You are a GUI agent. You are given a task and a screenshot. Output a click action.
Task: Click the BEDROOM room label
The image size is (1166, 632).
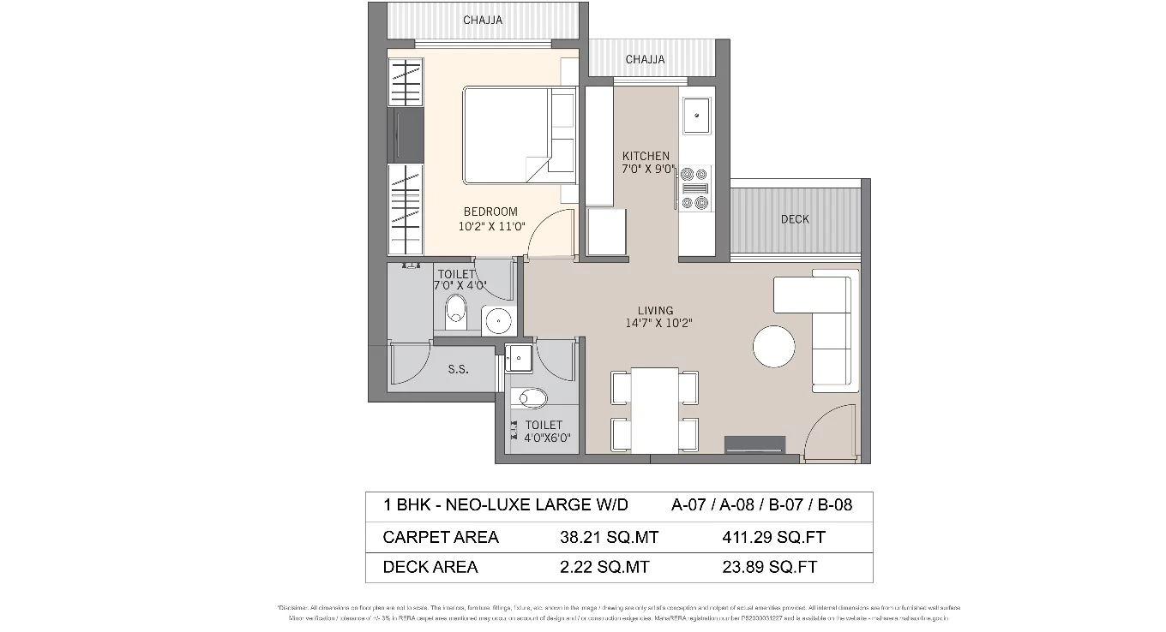(490, 212)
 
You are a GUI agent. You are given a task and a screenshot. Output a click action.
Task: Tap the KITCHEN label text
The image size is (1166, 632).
(646, 156)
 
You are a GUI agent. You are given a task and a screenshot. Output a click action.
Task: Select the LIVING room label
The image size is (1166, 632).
(655, 310)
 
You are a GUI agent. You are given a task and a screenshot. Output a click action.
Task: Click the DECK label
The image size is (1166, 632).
(795, 219)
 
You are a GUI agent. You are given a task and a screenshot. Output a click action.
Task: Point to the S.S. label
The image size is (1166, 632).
(458, 371)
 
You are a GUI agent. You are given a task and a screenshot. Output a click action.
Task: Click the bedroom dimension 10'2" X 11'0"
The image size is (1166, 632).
(490, 226)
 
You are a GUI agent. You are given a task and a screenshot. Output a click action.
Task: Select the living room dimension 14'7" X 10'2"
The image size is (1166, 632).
(658, 324)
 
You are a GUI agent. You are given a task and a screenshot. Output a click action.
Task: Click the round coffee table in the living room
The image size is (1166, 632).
(773, 346)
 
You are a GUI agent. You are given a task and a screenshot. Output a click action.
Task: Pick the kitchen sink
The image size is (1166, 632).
(696, 116)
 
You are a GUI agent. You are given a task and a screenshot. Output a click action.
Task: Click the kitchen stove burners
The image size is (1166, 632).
(694, 188)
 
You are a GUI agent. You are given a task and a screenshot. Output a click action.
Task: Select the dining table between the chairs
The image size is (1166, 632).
(655, 410)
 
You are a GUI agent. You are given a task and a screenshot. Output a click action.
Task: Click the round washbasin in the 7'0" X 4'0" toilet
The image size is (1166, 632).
(497, 321)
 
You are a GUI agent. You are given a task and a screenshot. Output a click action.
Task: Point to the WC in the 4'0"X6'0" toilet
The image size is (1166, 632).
(532, 397)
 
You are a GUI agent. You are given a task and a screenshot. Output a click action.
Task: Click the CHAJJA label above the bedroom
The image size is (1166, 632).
(483, 20)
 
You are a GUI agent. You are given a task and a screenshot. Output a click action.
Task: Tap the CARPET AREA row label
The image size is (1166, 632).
(441, 538)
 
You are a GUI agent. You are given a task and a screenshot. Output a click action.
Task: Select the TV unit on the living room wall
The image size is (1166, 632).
(754, 444)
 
